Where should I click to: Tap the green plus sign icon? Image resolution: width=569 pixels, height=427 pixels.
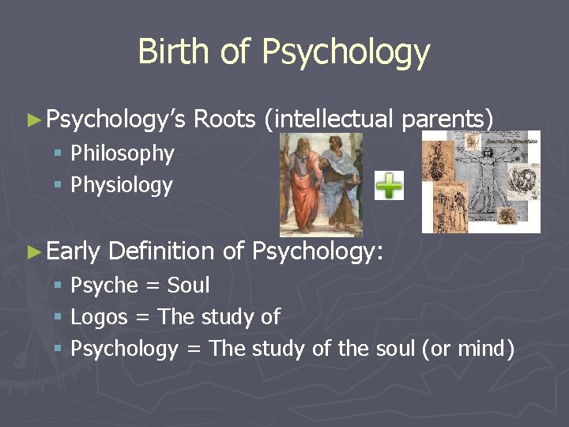coord(388,187)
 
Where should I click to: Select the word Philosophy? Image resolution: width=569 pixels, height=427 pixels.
coord(122,153)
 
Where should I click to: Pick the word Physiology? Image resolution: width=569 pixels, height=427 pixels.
coord(122,185)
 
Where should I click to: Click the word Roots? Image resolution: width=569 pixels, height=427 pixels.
coord(224,119)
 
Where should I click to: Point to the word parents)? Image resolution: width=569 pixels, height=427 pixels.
coord(447,119)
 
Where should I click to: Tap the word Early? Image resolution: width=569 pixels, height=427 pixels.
coord(73,251)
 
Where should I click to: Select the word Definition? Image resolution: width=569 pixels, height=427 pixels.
coord(161,251)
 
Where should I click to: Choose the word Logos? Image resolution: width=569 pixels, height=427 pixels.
coord(98,317)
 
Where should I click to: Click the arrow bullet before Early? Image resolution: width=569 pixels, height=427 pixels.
coord(32,252)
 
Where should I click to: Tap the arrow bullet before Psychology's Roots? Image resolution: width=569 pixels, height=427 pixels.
coord(32,120)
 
